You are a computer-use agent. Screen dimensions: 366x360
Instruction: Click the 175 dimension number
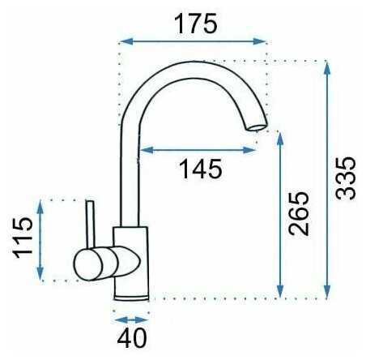click(x=196, y=24)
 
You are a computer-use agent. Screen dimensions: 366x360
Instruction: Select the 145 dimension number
click(x=201, y=169)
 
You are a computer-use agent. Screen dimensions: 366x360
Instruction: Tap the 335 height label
click(x=346, y=178)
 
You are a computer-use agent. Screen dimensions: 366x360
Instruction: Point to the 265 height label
click(x=299, y=214)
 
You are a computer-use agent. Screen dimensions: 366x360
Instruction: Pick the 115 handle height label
click(x=23, y=238)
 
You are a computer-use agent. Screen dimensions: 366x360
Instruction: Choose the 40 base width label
click(x=132, y=338)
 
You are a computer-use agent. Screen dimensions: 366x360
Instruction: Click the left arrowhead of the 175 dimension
click(x=126, y=41)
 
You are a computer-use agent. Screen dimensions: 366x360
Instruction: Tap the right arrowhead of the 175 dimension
click(x=259, y=41)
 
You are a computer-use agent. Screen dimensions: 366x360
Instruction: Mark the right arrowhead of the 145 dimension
click(x=249, y=150)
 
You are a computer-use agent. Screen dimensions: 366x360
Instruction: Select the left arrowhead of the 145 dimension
click(x=147, y=150)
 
